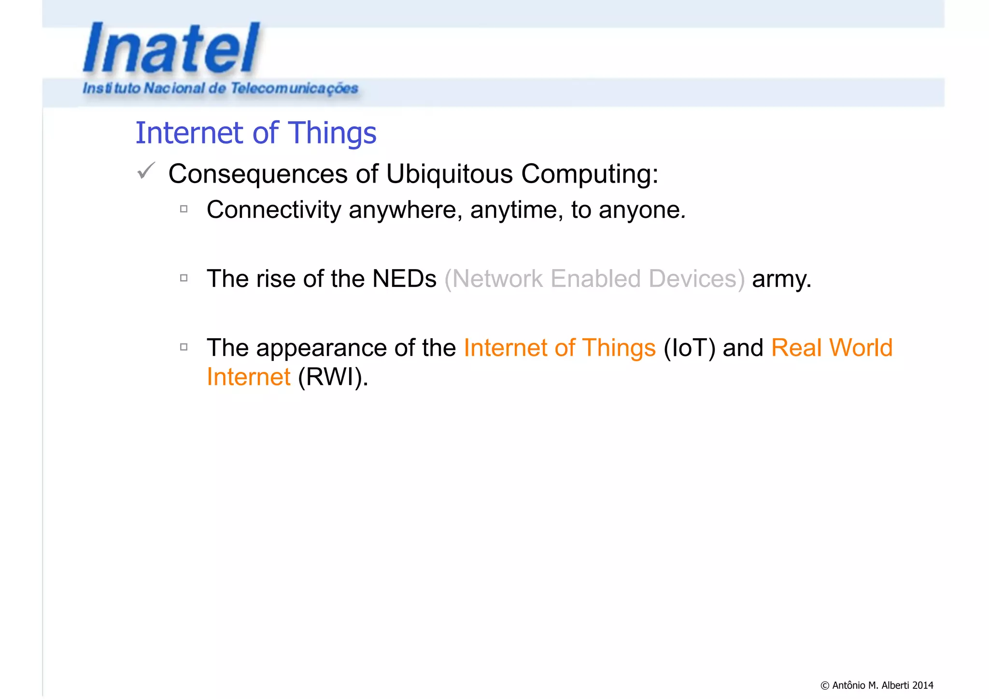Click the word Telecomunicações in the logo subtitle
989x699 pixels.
click(294, 88)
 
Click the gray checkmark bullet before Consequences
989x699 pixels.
click(146, 171)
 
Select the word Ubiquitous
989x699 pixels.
click(449, 174)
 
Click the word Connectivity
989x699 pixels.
click(274, 210)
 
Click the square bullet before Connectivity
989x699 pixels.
click(184, 209)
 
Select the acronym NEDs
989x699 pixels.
click(404, 279)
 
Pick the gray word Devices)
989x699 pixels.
click(696, 279)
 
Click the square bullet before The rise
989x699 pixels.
click(184, 278)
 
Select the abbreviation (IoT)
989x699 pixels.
click(689, 348)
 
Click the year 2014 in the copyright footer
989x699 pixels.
click(922, 685)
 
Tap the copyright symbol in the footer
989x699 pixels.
click(825, 685)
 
